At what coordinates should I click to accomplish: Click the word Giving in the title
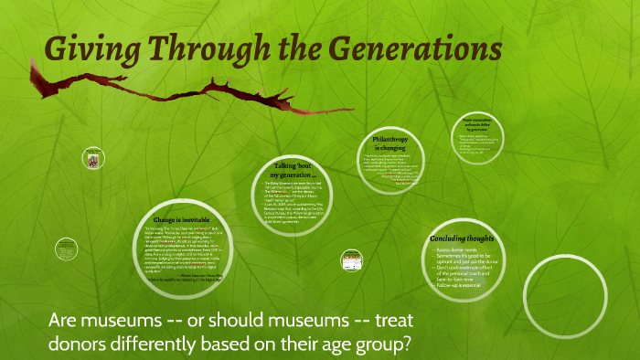click(88, 47)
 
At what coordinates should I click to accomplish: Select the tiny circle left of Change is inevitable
click(65, 249)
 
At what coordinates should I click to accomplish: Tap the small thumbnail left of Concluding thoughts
click(353, 261)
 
